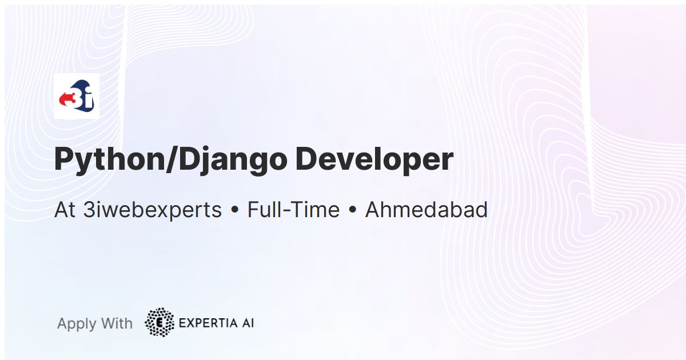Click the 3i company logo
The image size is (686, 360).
tap(77, 96)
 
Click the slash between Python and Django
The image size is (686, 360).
tap(172, 160)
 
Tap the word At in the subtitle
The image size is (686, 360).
tap(65, 210)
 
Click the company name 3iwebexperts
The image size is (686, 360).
tap(153, 210)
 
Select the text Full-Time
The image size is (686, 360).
tap(293, 210)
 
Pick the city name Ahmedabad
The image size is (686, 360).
tap(426, 210)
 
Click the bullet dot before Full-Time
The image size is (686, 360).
tap(235, 210)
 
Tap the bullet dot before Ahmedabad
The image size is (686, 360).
tap(353, 210)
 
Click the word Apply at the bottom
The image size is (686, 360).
tap(77, 324)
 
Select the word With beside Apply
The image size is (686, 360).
tap(117, 323)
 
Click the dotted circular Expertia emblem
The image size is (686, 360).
tap(159, 322)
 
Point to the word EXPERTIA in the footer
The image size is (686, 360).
tap(208, 323)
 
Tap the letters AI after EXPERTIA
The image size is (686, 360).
tap(248, 323)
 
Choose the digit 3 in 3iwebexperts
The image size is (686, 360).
tap(89, 210)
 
